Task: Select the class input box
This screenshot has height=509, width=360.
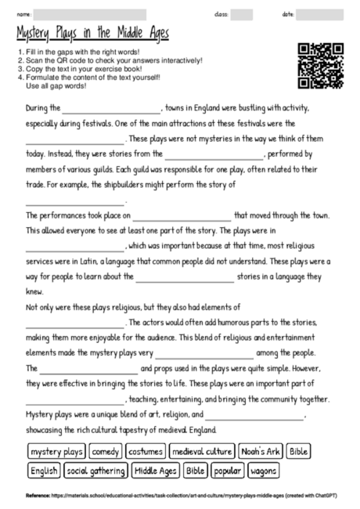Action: click(x=242, y=15)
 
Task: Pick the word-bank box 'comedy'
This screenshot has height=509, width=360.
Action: click(x=104, y=452)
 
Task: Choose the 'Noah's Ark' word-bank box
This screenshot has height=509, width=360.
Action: click(x=260, y=452)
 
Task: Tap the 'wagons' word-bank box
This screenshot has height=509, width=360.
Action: click(x=264, y=471)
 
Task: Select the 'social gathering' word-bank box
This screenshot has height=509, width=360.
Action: click(x=96, y=471)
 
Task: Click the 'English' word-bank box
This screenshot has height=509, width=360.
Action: click(x=44, y=471)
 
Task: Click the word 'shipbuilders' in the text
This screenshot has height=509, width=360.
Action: click(x=125, y=184)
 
